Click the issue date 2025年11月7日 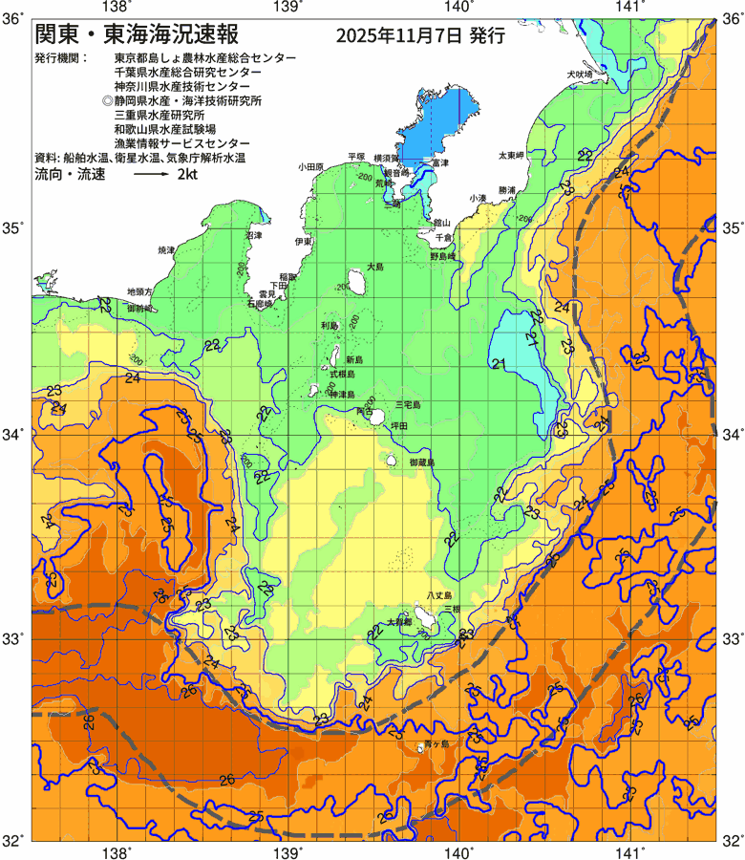click(x=399, y=37)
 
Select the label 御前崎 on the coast click(x=139, y=310)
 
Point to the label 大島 click(x=375, y=267)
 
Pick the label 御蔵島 click(x=421, y=462)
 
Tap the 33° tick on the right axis click(x=732, y=638)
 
